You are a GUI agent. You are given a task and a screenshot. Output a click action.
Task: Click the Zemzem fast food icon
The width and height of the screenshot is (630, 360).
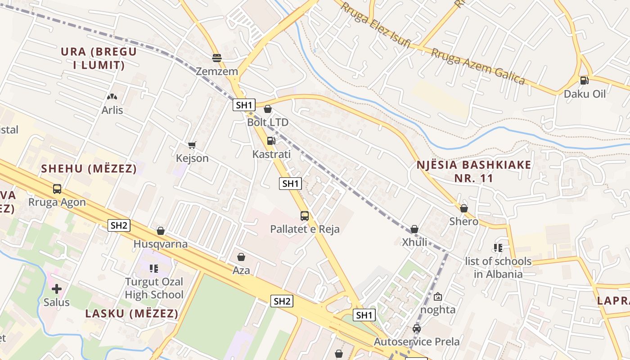pos(217,58)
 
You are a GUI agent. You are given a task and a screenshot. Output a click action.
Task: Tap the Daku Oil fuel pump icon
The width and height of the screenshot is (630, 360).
pos(584,81)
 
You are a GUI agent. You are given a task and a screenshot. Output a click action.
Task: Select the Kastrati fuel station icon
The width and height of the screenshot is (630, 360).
pos(271,141)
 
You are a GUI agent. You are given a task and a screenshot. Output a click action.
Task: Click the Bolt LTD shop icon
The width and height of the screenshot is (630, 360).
pos(268,109)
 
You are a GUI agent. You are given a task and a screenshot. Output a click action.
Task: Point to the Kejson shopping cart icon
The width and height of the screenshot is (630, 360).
pos(192,145)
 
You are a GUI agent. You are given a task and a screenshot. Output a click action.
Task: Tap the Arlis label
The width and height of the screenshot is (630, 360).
pos(112,110)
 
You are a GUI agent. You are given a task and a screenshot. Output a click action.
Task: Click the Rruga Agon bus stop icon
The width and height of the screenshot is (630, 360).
pos(57,189)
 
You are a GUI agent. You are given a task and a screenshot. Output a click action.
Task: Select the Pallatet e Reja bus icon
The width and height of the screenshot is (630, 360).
pos(305,216)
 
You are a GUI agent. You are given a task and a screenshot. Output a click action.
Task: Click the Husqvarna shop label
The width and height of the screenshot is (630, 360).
pos(160,244)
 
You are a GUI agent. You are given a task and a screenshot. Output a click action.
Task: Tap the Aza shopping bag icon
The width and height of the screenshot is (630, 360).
pos(241,257)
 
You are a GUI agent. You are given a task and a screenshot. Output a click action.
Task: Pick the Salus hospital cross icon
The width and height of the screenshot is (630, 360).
pos(57,288)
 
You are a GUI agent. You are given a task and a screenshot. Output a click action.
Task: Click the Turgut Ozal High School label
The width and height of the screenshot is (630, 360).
pos(154,288)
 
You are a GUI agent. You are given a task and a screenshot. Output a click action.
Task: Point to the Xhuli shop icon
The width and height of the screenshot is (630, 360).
pos(414,229)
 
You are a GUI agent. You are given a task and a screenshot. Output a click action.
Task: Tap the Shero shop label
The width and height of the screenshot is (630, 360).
pos(464,221)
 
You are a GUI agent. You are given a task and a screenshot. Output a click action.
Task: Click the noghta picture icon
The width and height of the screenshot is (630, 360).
pos(438,297)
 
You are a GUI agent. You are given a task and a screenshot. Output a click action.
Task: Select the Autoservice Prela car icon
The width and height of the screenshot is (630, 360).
pos(417,328)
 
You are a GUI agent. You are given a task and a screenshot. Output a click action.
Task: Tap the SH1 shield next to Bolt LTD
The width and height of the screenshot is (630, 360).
pos(244,105)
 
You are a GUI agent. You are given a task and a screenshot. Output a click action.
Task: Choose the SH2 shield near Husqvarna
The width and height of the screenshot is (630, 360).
pos(119,225)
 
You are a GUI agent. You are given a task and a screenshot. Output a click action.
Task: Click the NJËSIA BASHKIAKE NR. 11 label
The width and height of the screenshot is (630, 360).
pos(474,171)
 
